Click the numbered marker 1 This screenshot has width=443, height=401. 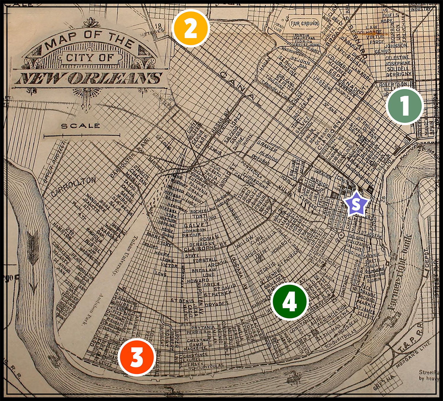[405, 106]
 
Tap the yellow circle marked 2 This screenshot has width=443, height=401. [190, 28]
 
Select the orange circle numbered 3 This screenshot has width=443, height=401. [137, 357]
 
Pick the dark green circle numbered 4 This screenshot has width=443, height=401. [290, 301]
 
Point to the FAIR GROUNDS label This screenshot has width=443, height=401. [304, 24]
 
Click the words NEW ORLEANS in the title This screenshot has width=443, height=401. [89, 78]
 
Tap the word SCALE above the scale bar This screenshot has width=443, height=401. [81, 126]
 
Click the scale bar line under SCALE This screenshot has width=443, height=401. [82, 136]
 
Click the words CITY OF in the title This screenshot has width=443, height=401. [89, 57]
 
